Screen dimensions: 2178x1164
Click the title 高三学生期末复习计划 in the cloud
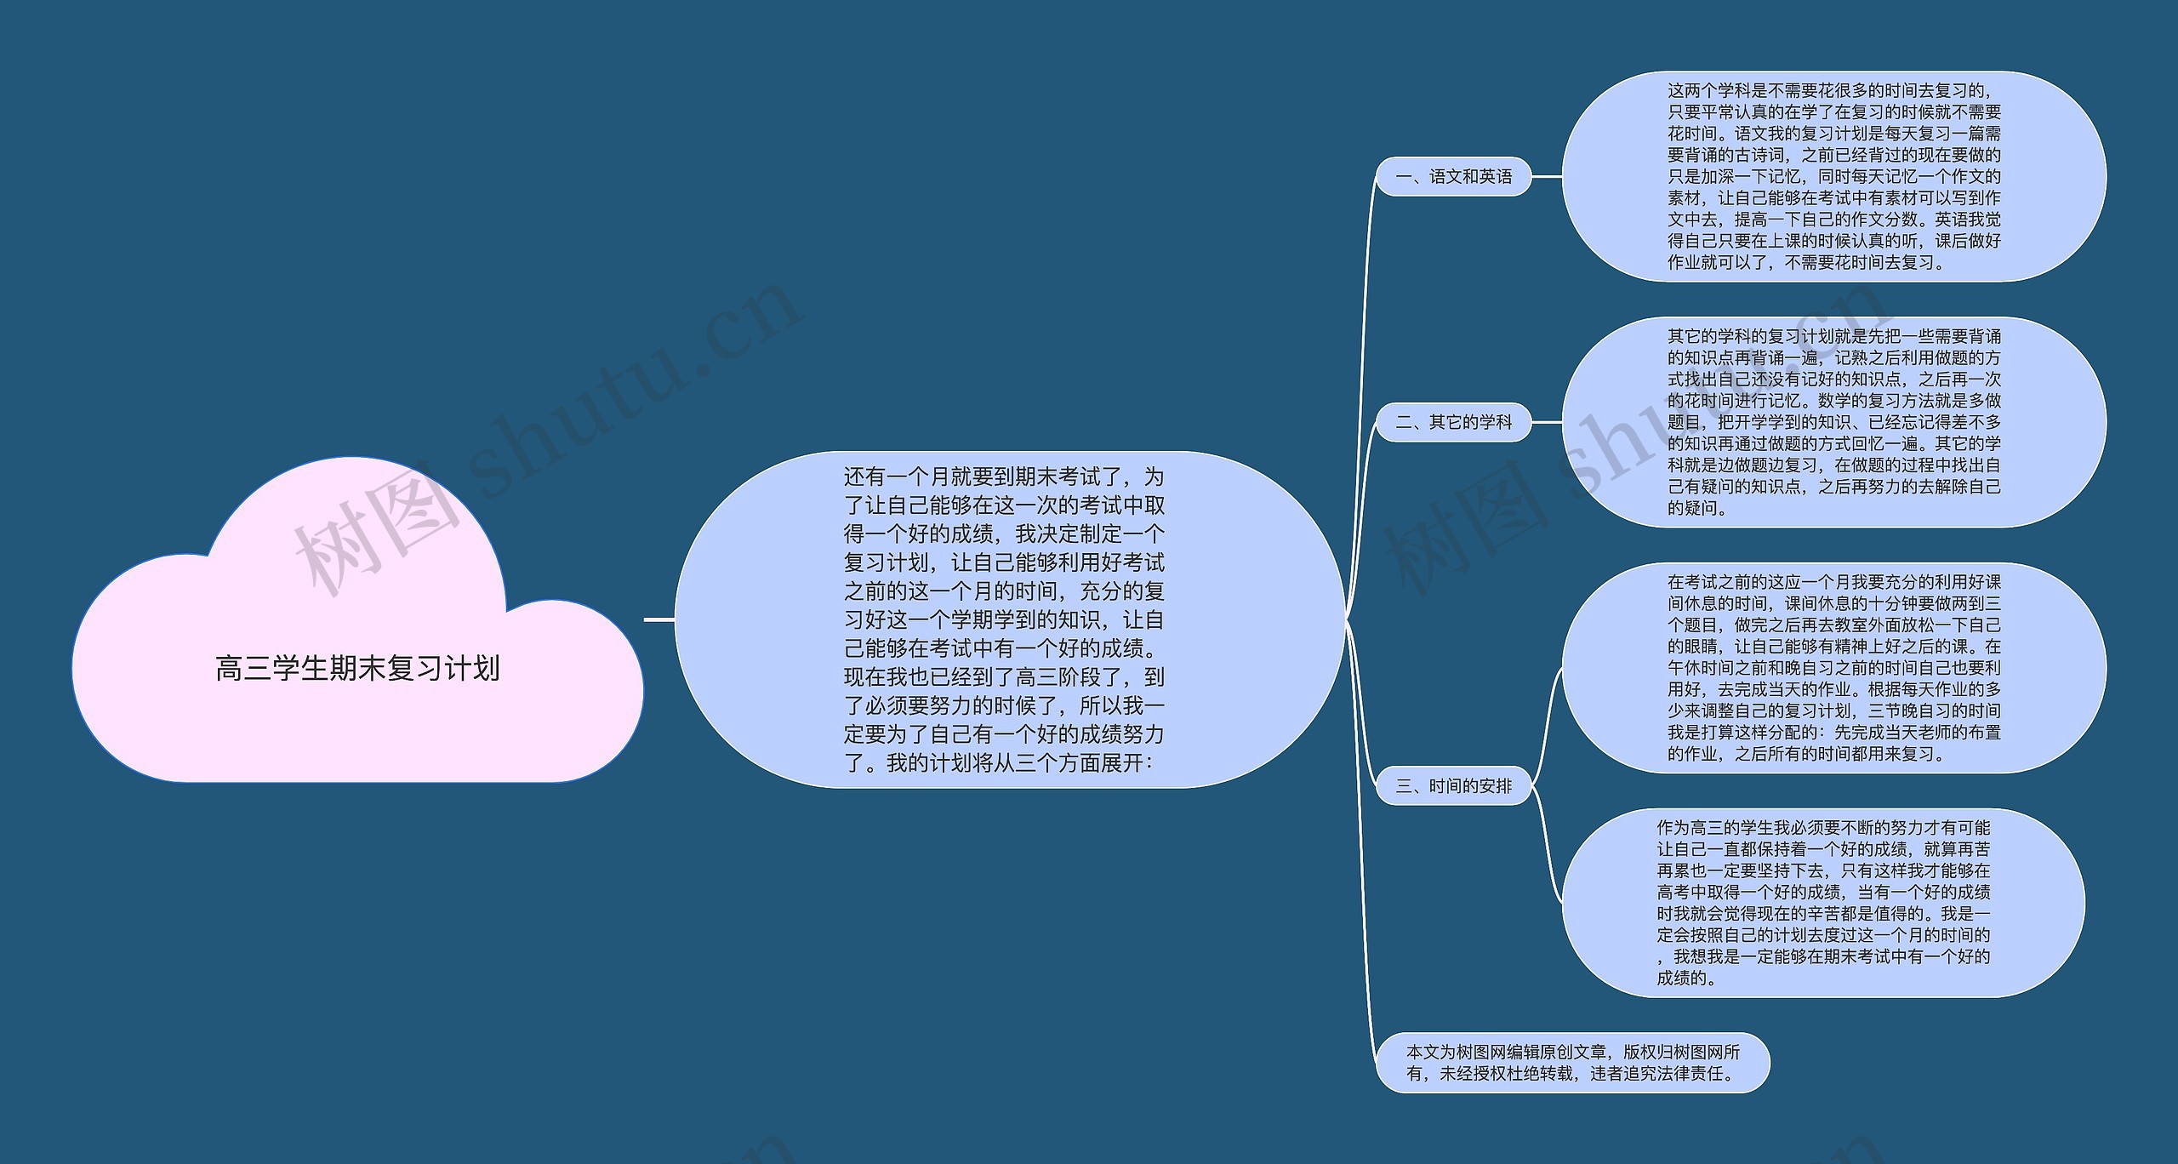357,669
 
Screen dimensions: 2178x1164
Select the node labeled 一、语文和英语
1453,177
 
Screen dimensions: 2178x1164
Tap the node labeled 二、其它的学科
1453,422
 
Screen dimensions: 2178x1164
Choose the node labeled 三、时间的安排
1453,786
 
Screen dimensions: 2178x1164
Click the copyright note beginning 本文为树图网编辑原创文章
1572,1063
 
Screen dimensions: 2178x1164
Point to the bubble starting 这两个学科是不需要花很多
1833,176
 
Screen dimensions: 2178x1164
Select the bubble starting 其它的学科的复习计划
1833,422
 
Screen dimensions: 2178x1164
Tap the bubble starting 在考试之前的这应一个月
1833,668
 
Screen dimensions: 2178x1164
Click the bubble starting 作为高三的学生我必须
1823,902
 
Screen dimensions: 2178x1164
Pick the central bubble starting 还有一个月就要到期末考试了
1004,619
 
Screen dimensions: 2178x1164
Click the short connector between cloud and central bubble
659,619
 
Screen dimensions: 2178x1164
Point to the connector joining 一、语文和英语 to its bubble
1547,177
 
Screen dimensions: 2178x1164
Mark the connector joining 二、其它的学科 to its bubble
1547,422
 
